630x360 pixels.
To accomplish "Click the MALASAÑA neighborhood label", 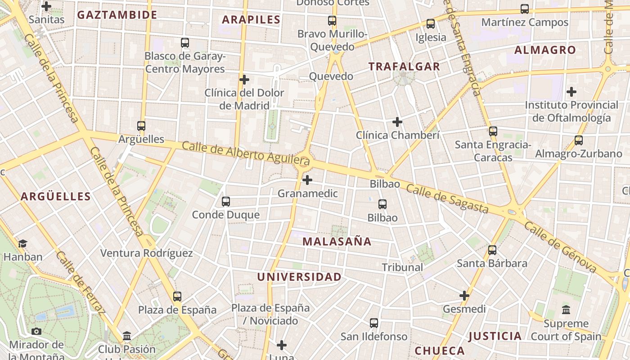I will [x=337, y=242].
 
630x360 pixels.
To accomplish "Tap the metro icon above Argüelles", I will [x=141, y=126].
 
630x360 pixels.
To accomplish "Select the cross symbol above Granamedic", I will [x=307, y=180].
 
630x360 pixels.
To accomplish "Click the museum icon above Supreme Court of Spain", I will [x=566, y=310].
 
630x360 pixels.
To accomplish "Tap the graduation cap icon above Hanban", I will [x=22, y=244].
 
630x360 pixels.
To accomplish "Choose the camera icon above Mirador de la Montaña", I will [x=36, y=332].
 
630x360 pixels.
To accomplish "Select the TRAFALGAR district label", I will [x=404, y=67].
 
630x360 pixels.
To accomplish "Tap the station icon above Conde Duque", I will [x=226, y=202].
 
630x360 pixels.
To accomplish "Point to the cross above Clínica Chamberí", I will [x=397, y=122].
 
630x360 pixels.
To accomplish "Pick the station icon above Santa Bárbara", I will [x=492, y=250].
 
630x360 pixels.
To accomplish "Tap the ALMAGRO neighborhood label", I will [x=545, y=50].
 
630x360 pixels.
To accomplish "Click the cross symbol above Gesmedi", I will [x=464, y=296].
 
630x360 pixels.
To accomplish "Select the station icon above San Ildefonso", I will [x=374, y=323].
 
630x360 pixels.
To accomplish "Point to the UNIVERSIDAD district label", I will [x=299, y=277].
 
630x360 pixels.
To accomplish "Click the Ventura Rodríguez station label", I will [x=146, y=253].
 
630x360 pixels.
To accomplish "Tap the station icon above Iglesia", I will [x=431, y=24].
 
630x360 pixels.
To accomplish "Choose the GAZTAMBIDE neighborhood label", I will [x=117, y=15].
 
